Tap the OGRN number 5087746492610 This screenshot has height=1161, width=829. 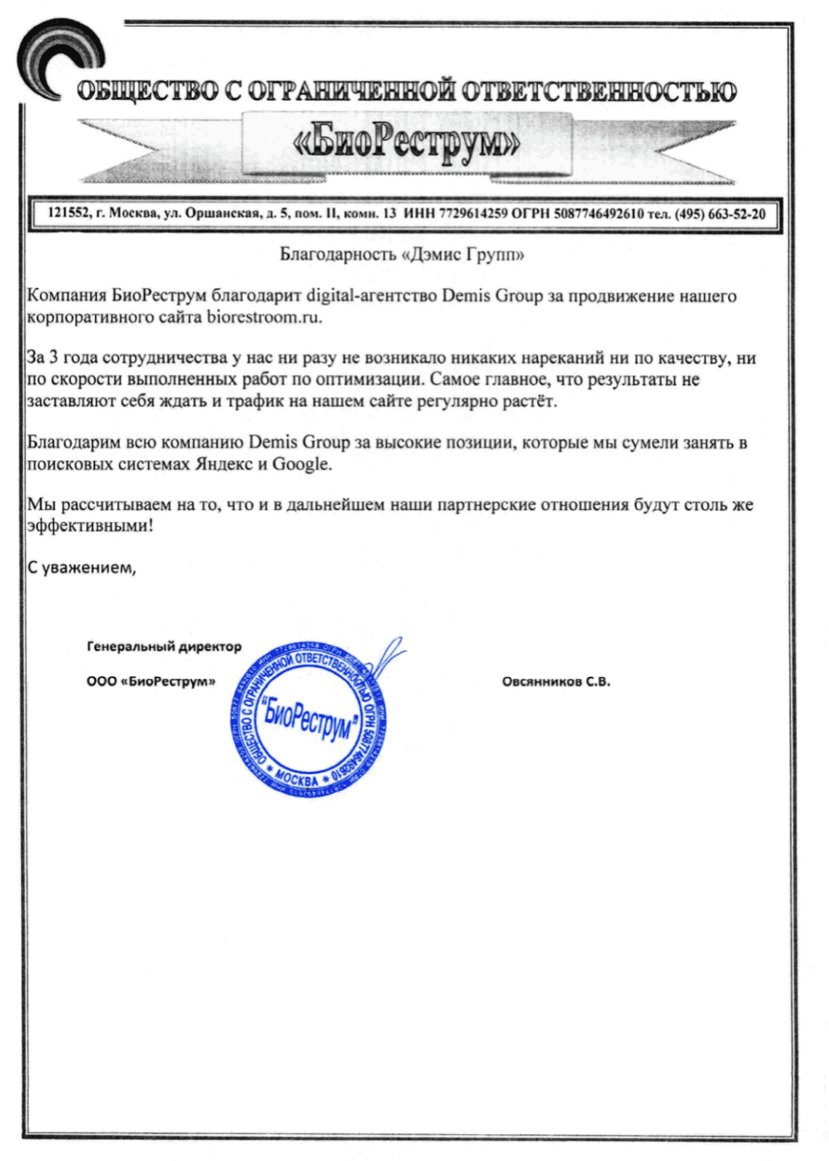599,214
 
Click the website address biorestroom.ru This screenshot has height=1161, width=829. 264,317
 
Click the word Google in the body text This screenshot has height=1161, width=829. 302,464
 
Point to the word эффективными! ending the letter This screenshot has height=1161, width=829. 90,525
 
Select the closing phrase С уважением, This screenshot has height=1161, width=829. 81,567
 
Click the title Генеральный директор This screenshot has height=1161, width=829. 164,646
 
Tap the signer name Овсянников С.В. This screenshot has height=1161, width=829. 556,681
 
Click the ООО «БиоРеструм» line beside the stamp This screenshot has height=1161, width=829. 151,681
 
